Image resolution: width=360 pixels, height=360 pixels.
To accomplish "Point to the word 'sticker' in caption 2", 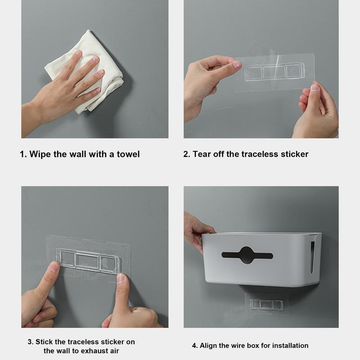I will (x=293, y=154).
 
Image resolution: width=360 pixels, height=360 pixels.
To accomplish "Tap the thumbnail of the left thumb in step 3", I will (x=54, y=269).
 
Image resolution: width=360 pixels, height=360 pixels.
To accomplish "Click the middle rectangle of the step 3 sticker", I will (x=88, y=261).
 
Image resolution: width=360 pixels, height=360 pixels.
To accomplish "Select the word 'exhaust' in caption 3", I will (x=99, y=351).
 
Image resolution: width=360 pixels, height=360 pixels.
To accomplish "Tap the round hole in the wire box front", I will (x=247, y=255).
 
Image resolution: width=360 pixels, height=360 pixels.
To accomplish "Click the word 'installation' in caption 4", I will (x=290, y=346).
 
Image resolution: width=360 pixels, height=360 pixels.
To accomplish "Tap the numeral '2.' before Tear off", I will (x=187, y=154).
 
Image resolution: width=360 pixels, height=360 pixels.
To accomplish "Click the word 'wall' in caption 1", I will (x=79, y=154).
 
